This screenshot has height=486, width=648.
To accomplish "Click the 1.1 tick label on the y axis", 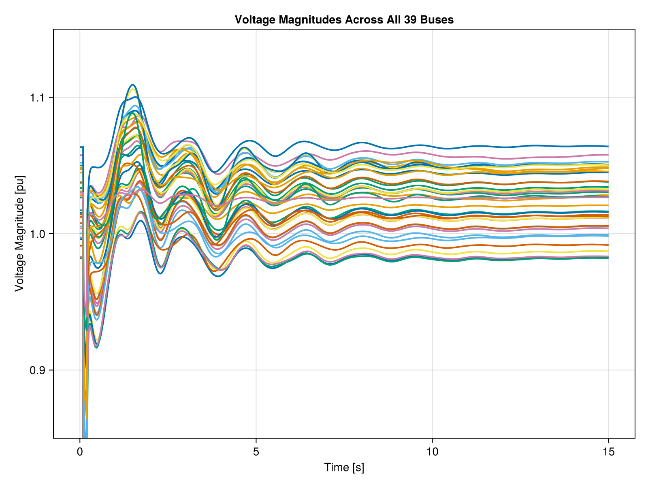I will (x=38, y=98).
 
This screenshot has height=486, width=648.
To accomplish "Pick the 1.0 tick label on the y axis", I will (x=38, y=234).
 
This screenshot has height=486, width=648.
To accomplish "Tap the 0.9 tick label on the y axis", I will (x=38, y=370).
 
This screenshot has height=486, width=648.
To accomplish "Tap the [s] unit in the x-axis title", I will (x=358, y=468).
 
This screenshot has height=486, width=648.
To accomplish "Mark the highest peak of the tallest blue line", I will (x=132, y=85).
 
